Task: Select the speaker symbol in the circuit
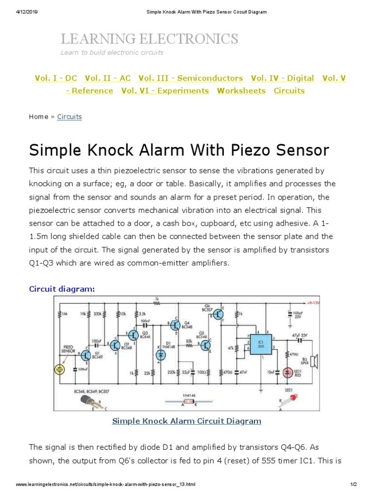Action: click(314, 361)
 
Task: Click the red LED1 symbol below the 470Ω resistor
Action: click(288, 373)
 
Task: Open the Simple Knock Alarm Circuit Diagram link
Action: click(186, 421)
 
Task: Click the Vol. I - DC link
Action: click(56, 78)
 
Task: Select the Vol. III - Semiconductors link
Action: click(190, 78)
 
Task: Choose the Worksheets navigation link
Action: click(241, 91)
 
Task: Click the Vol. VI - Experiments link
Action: click(165, 91)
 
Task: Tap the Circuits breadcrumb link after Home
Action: click(69, 116)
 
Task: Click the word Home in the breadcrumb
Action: click(38, 116)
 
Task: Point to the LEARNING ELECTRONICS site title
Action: click(149, 39)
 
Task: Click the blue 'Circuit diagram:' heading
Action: click(62, 289)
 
